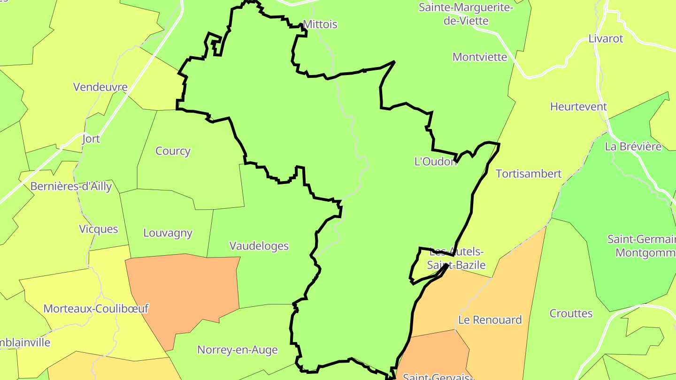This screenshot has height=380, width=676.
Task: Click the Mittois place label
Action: pyautogui.click(x=320, y=24)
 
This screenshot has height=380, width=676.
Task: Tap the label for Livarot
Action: pyautogui.click(x=606, y=38)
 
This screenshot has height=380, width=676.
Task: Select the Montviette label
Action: pyautogui.click(x=480, y=57)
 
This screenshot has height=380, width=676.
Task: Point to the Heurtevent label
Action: pyautogui.click(x=578, y=106)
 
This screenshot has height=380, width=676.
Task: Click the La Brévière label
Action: pyautogui.click(x=633, y=146)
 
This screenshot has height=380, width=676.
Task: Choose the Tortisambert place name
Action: pyautogui.click(x=529, y=174)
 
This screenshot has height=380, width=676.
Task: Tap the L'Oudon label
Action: pyautogui.click(x=435, y=161)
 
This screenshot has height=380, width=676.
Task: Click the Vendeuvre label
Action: pyautogui.click(x=100, y=87)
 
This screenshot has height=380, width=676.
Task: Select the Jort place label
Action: pyautogui.click(x=91, y=139)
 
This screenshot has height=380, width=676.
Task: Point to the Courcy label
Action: pyautogui.click(x=173, y=151)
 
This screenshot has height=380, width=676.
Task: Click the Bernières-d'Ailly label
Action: pyautogui.click(x=71, y=186)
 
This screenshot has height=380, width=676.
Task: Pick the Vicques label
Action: pyautogui.click(x=99, y=229)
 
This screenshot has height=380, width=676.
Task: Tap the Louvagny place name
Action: pyautogui.click(x=168, y=233)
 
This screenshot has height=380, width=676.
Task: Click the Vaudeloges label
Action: pyautogui.click(x=259, y=246)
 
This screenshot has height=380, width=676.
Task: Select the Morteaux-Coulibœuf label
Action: pyautogui.click(x=96, y=309)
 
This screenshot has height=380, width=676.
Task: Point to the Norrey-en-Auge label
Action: pyautogui.click(x=237, y=350)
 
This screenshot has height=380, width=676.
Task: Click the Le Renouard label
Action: pyautogui.click(x=490, y=320)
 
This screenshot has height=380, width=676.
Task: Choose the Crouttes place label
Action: pyautogui.click(x=571, y=313)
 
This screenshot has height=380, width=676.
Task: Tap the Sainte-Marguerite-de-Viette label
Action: pyautogui.click(x=466, y=14)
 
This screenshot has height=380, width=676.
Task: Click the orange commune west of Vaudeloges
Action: pyautogui.click(x=185, y=291)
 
